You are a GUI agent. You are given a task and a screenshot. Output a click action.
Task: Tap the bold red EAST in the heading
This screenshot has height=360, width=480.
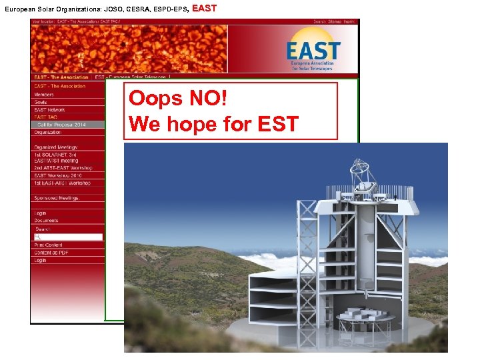coord(204,9)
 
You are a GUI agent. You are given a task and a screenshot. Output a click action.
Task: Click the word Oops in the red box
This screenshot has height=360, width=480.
coord(155,99)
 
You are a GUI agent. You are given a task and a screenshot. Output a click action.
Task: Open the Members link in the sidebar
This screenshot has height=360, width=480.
coord(44,95)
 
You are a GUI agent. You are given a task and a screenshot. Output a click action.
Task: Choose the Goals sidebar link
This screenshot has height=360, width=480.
coord(41,102)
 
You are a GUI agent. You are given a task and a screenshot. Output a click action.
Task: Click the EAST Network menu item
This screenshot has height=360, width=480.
coord(50,110)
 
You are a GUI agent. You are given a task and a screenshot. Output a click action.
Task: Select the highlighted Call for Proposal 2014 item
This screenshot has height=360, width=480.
coord(62,125)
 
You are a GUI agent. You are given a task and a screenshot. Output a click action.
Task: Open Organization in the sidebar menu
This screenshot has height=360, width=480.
coord(47,132)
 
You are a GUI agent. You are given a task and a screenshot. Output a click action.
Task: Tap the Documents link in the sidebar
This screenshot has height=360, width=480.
coord(46,221)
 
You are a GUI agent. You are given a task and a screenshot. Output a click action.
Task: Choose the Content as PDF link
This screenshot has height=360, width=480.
coord(51,253)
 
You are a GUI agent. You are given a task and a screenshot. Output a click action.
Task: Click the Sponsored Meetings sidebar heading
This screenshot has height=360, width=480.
coord(56,198)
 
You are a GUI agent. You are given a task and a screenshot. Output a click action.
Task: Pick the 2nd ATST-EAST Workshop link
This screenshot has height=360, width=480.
coord(63,168)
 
